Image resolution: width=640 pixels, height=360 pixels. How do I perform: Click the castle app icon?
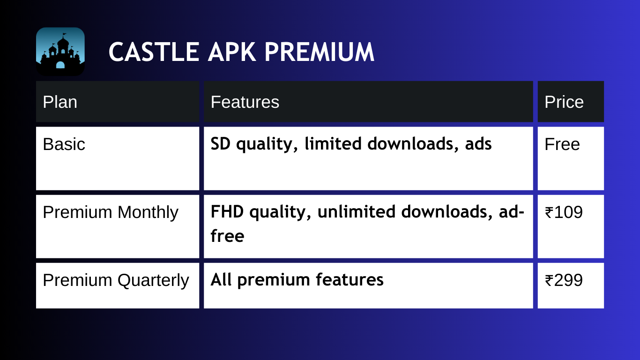[60, 52]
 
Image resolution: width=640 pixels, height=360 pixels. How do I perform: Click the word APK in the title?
[232, 52]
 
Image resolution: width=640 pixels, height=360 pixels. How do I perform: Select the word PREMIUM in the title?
[319, 52]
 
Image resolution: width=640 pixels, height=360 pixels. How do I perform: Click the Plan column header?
[60, 102]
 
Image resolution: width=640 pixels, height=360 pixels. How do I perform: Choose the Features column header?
[245, 102]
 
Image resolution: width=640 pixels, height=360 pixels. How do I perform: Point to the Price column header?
[564, 102]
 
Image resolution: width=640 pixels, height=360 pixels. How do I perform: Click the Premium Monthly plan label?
[111, 213]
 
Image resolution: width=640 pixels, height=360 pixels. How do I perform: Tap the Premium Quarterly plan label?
[116, 280]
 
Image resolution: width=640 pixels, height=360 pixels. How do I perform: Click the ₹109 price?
[564, 212]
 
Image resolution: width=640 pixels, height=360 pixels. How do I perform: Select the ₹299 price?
[564, 280]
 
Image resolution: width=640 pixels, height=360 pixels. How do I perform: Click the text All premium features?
[297, 280]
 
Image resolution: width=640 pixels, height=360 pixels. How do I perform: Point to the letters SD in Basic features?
[221, 143]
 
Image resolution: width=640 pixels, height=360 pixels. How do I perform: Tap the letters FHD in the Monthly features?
[227, 211]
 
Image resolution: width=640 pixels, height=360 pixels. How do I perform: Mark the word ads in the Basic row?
[478, 143]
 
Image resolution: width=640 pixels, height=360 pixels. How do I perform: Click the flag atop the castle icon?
[65, 35]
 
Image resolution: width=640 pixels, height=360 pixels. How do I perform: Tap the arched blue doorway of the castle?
[60, 65]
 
